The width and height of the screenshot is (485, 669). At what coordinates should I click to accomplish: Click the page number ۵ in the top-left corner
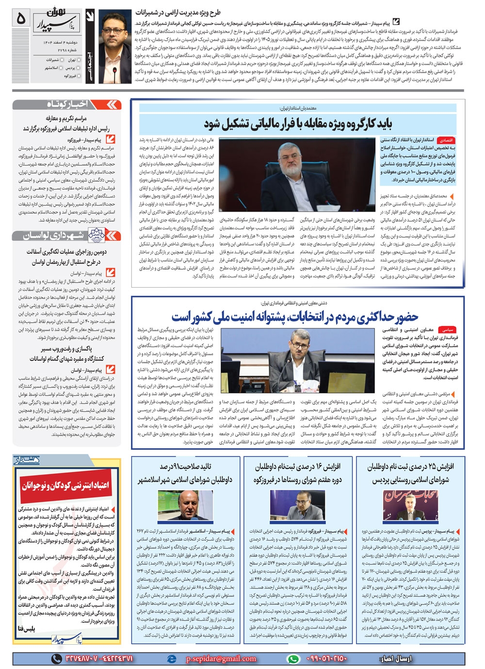pos(20,19)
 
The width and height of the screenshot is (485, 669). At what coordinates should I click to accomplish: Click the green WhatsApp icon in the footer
pos(293,658)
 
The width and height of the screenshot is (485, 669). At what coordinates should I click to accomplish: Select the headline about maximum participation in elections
pos(294,317)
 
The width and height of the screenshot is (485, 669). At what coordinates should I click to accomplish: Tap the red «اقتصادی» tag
pos(446,140)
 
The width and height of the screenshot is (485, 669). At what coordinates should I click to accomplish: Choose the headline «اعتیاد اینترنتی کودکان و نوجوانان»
pos(65,485)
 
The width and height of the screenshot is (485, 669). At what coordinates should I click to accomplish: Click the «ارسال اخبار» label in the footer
pos(393,658)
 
